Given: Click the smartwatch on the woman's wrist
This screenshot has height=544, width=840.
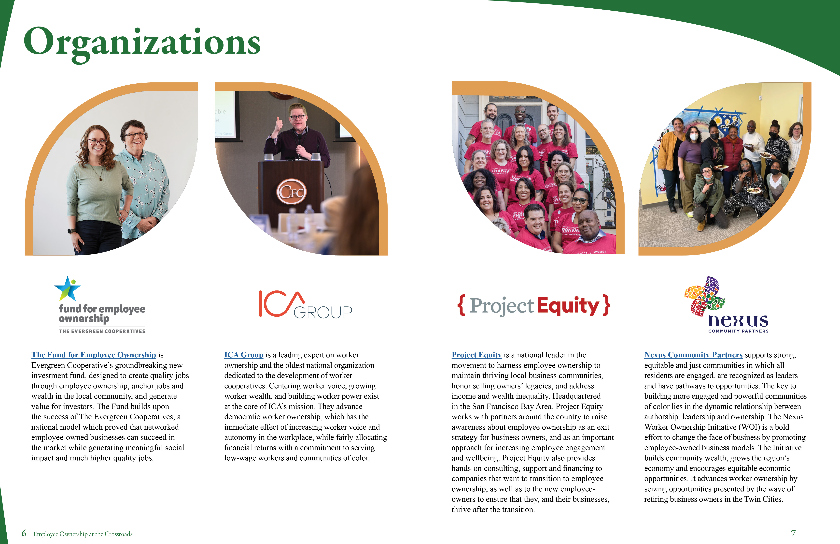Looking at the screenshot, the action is coord(72,231).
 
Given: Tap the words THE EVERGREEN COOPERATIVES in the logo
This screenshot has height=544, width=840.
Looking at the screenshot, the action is coord(102,331).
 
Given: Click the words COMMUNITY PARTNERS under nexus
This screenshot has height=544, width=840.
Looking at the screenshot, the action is coord(738,331).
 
